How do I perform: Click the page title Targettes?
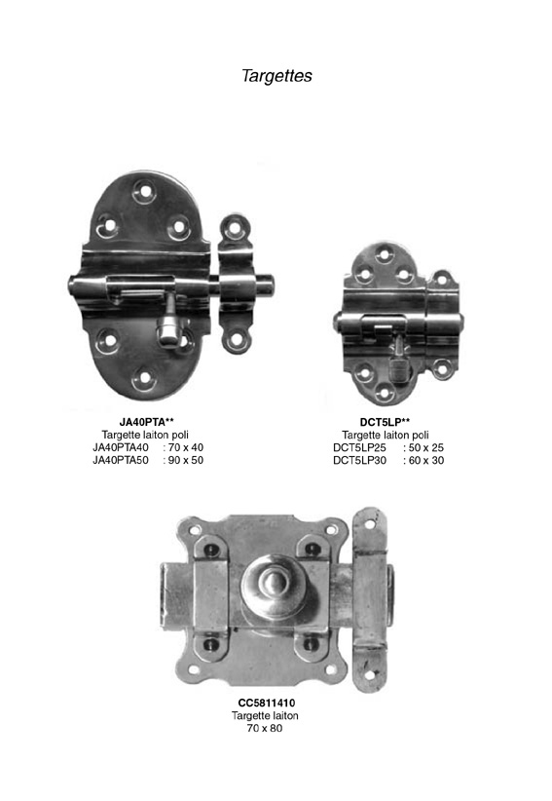click(276, 76)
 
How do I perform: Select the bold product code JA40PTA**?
click(147, 422)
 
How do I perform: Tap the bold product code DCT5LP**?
click(386, 422)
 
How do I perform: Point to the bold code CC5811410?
click(267, 703)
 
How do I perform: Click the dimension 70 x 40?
click(186, 447)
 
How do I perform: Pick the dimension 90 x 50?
click(186, 460)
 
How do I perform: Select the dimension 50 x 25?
click(426, 447)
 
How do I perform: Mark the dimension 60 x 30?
click(426, 460)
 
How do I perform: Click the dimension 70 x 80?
click(265, 728)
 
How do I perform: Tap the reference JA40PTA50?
click(121, 460)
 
